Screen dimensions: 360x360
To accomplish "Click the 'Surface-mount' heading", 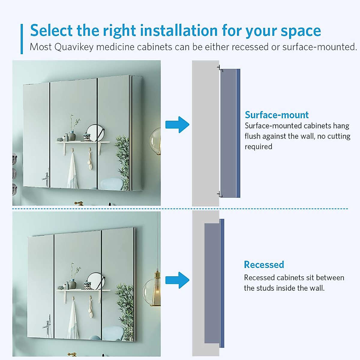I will [x=276, y=115].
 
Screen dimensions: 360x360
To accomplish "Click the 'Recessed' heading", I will [x=264, y=265].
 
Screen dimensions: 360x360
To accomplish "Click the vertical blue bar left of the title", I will [x=22, y=39].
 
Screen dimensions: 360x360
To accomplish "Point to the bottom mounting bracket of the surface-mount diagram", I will [x=220, y=195].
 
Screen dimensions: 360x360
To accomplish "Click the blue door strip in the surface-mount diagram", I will [x=238, y=133].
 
